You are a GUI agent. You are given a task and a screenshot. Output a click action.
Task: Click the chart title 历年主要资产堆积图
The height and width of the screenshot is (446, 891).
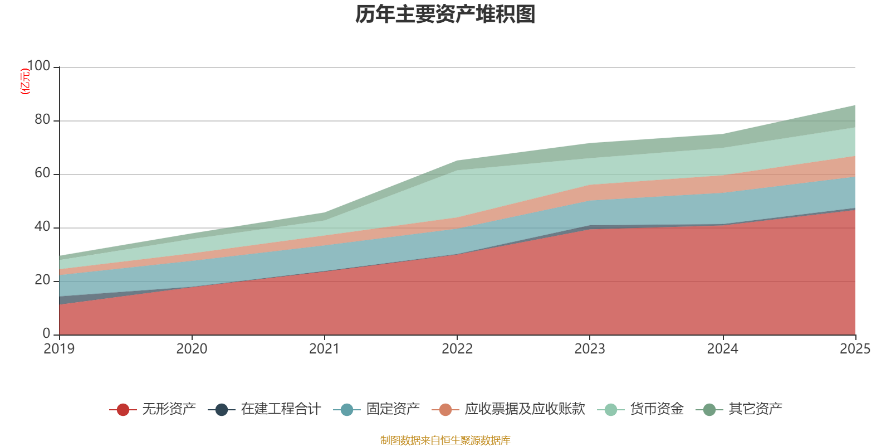tap(445, 15)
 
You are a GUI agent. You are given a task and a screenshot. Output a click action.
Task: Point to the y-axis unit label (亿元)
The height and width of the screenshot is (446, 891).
tap(25, 81)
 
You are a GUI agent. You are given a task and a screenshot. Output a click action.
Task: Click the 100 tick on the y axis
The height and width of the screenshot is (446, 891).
tap(38, 66)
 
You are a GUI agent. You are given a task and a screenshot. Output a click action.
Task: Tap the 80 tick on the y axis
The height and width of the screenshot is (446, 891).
tap(42, 120)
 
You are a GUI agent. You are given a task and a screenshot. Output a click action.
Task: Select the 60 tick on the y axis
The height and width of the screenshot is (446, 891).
tap(42, 173)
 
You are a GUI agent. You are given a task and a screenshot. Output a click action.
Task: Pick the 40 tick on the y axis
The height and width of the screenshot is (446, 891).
tap(42, 227)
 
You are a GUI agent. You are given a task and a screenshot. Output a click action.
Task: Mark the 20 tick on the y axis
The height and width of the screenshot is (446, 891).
tap(42, 280)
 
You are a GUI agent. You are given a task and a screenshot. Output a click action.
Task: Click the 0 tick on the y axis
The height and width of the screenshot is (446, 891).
tap(46, 334)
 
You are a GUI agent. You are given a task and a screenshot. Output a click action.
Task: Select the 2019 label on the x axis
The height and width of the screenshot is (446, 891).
tap(59, 349)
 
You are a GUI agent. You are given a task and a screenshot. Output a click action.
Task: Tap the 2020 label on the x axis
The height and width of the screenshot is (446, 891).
tap(192, 349)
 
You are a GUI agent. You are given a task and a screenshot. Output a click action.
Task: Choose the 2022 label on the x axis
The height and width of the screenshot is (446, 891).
tap(457, 349)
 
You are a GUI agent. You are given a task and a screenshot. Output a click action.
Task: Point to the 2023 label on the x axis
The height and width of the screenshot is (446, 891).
tap(590, 349)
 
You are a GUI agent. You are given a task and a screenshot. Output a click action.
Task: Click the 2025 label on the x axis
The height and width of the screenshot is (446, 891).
tap(855, 349)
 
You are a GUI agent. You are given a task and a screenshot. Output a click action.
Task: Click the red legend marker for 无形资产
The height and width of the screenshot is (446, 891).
tap(123, 410)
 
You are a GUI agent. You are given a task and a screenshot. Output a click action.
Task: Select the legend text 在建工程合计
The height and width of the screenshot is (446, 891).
tap(281, 409)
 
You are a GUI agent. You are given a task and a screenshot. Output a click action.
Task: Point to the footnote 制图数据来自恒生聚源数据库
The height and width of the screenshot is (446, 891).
tap(445, 440)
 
